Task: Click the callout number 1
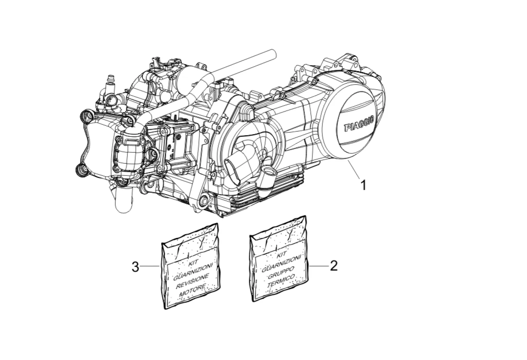363,185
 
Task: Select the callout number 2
334,266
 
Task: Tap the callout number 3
135,267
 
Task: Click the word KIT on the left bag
194,263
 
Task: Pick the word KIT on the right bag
282,254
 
